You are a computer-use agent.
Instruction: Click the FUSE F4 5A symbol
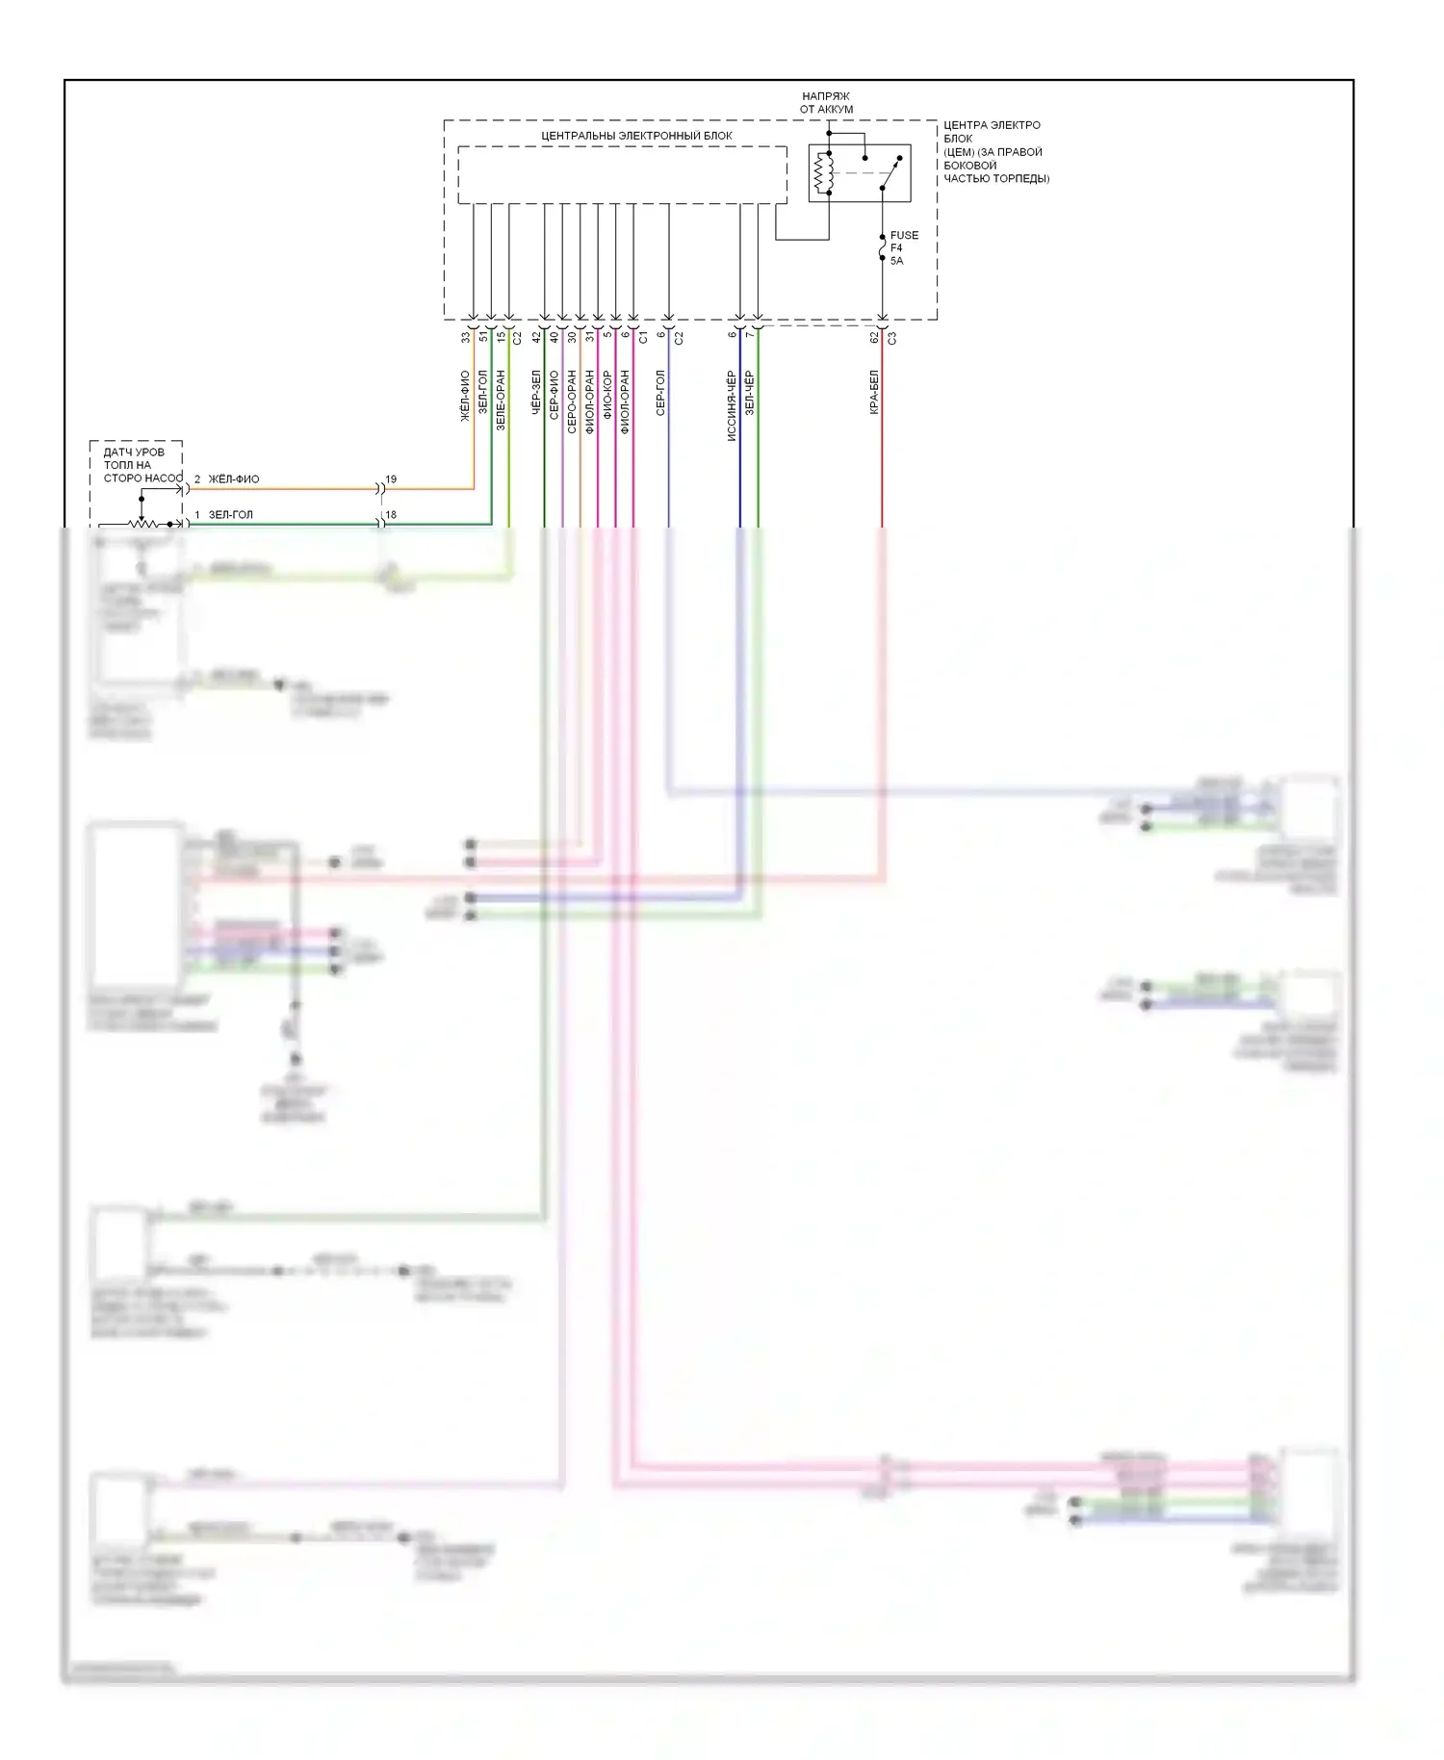pyautogui.click(x=882, y=249)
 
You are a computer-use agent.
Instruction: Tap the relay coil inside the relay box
pyautogui.click(x=823, y=173)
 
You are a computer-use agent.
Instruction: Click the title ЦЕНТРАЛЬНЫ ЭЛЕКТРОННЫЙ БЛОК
pyautogui.click(x=636, y=136)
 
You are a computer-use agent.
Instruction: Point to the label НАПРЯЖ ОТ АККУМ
pyautogui.click(x=826, y=103)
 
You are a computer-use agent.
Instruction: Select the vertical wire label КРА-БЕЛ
pyautogui.click(x=874, y=393)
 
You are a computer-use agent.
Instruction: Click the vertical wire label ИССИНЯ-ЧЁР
pyautogui.click(x=732, y=405)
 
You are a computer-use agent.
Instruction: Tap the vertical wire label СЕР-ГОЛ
pyautogui.click(x=660, y=393)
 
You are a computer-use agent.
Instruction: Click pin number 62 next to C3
pyautogui.click(x=874, y=338)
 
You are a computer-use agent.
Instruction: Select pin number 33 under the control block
pyautogui.click(x=466, y=337)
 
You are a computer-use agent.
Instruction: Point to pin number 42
pyautogui.click(x=536, y=337)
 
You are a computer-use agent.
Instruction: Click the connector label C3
pyautogui.click(x=892, y=338)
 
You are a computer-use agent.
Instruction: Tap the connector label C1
pyautogui.click(x=643, y=337)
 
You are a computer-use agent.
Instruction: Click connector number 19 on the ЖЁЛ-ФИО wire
pyautogui.click(x=391, y=479)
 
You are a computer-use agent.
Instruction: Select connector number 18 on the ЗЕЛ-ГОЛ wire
pyautogui.click(x=391, y=515)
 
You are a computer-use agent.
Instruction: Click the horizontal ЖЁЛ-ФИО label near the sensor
pyautogui.click(x=234, y=479)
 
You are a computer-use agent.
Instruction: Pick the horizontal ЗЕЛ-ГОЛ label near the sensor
pyautogui.click(x=231, y=515)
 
